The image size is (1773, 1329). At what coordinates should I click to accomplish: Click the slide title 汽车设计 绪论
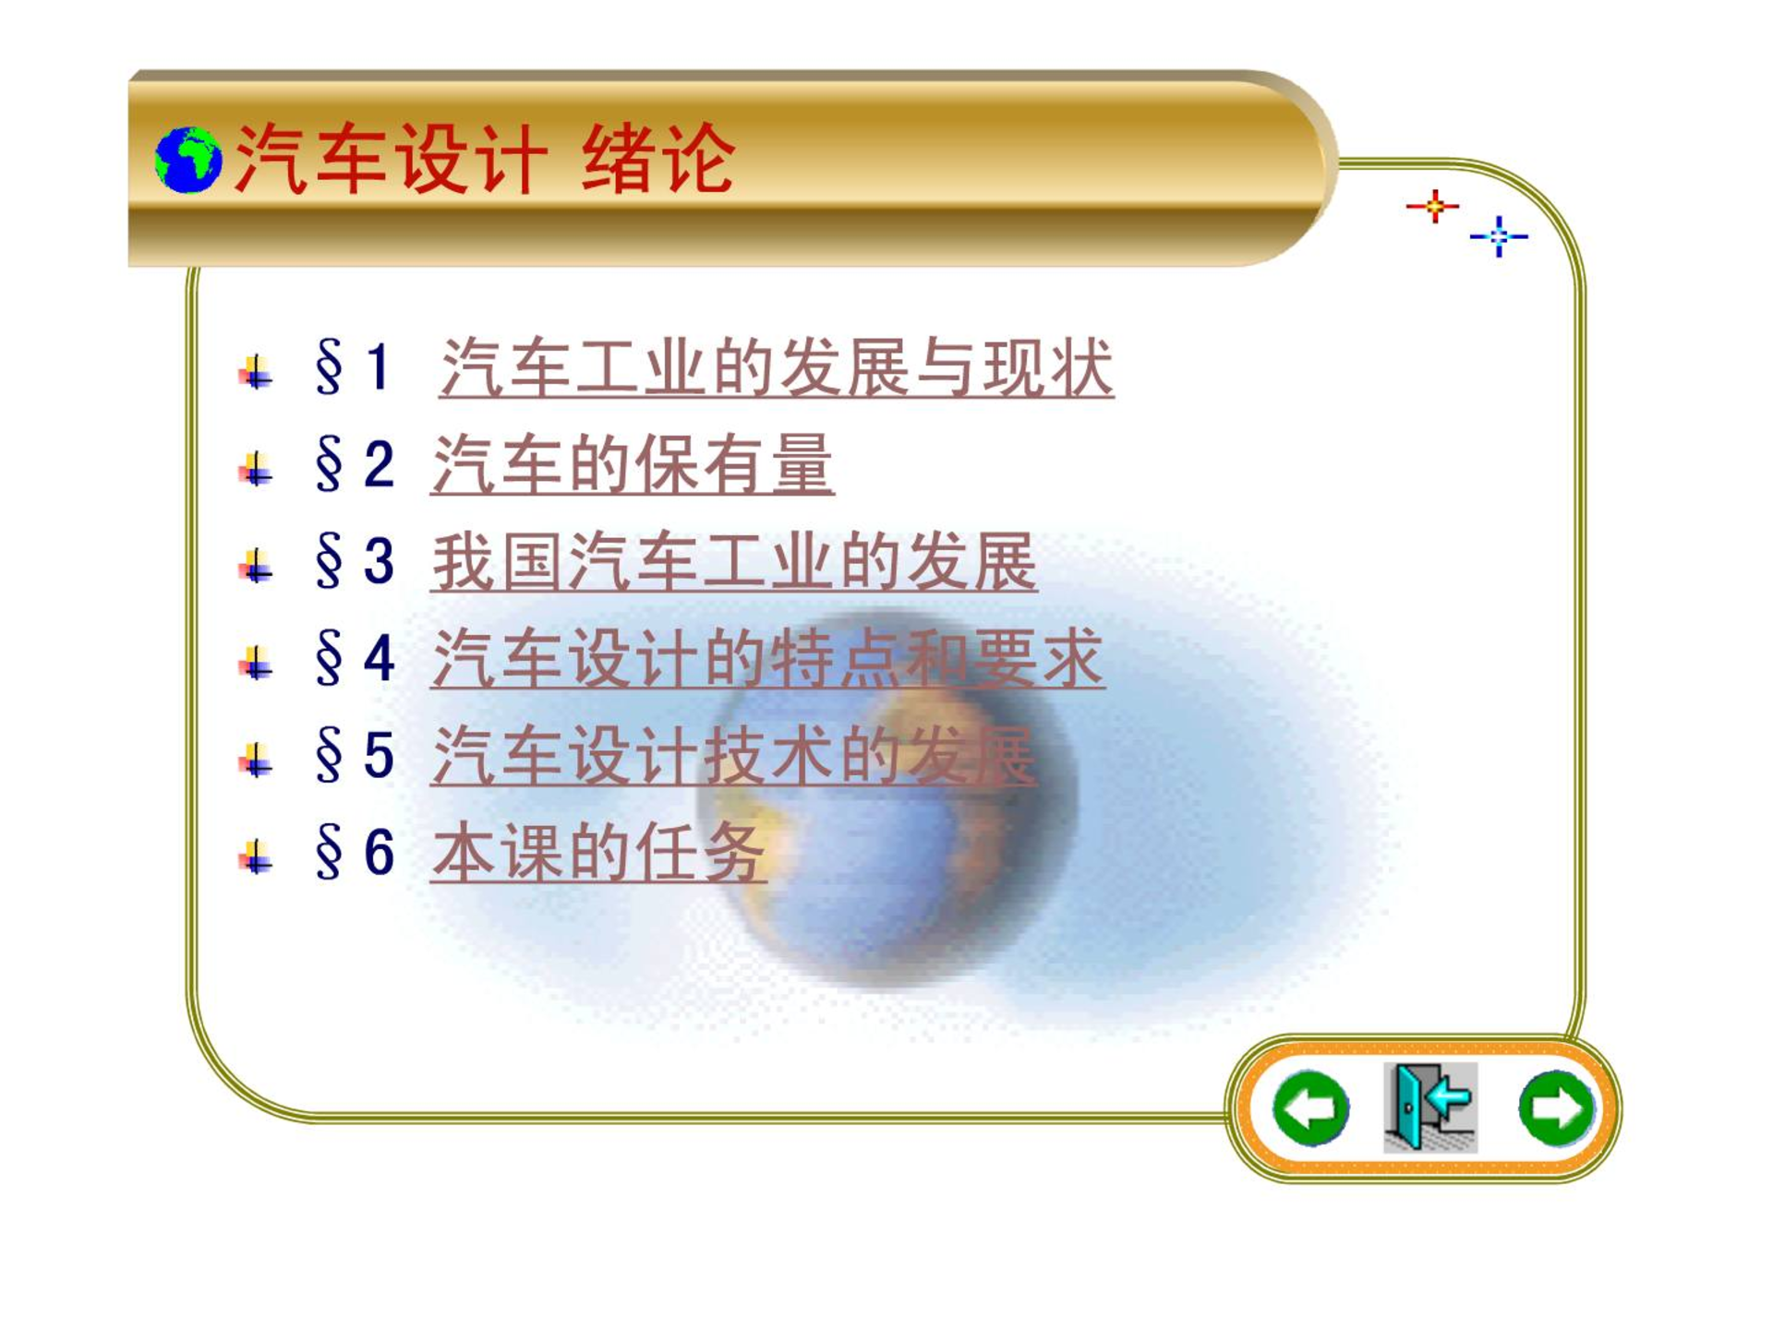point(485,159)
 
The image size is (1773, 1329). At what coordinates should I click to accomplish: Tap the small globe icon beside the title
point(188,160)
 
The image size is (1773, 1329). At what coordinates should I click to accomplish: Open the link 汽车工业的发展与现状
point(777,367)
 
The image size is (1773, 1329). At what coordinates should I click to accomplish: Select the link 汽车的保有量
point(633,464)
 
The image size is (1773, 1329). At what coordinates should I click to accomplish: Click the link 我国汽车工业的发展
point(734,561)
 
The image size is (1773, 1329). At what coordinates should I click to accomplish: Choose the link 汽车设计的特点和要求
point(767,658)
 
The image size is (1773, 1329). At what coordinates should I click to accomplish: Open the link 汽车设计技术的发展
point(734,755)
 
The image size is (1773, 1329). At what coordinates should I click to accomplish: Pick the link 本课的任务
point(598,852)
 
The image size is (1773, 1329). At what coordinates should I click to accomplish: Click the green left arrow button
point(1310,1107)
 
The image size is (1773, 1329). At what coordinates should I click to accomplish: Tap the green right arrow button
point(1557,1107)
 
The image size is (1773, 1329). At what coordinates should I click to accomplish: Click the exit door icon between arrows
point(1430,1107)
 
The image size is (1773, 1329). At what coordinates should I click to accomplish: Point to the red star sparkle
point(1433,206)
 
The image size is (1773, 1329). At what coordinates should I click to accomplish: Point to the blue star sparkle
point(1499,236)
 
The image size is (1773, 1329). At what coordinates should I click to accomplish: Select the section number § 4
point(355,657)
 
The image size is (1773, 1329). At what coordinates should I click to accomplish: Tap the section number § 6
point(355,851)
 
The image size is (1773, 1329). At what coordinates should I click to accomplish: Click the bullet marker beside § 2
point(256,469)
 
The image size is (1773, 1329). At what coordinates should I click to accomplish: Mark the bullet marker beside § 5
point(256,760)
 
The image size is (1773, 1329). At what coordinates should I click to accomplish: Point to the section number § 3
point(355,560)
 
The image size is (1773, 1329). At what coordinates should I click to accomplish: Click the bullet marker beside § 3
point(256,566)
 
